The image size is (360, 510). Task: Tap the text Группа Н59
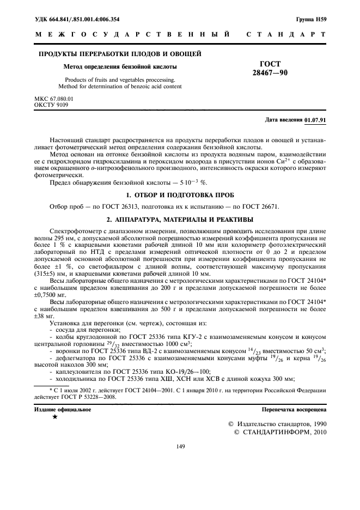click(311, 20)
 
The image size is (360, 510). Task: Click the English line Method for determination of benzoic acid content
click(120, 86)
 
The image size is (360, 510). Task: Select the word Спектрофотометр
click(75, 232)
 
